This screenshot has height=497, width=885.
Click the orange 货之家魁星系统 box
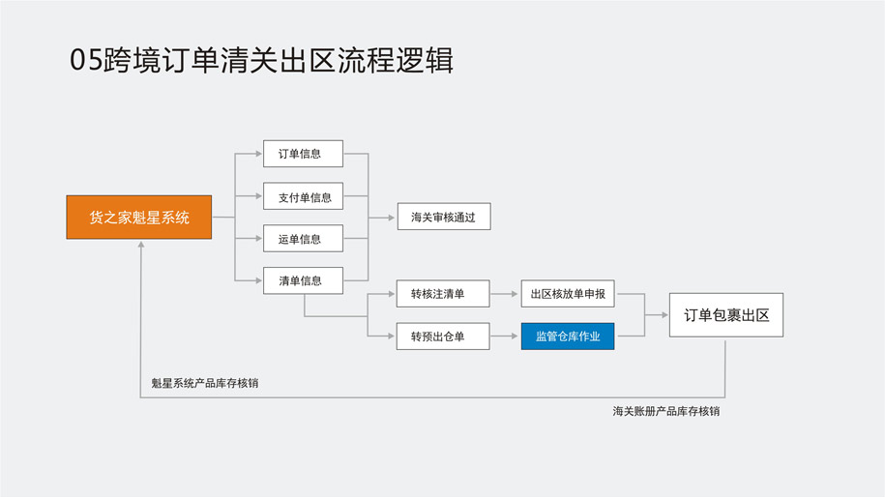coord(138,218)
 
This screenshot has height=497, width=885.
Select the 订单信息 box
coord(303,154)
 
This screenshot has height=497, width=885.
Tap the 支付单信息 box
coord(303,196)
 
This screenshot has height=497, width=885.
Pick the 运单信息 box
coord(303,239)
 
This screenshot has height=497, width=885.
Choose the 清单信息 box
coord(303,280)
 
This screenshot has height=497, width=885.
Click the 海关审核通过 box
coord(443,217)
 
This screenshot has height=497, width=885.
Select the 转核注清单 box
coord(442,294)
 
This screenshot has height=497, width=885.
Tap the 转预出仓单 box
coord(442,336)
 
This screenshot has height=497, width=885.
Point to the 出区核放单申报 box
coord(567,294)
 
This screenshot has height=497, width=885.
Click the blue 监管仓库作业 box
coord(567,336)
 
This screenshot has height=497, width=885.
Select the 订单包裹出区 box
coord(725,315)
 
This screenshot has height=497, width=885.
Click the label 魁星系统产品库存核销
coord(205,383)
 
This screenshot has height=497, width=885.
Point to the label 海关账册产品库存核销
coord(665,411)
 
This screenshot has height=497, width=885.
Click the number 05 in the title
coord(84,60)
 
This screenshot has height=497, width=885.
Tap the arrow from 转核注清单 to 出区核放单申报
coord(505,294)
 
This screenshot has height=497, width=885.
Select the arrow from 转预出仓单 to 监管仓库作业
coord(505,336)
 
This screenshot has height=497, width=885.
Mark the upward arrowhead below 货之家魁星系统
coord(141,245)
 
